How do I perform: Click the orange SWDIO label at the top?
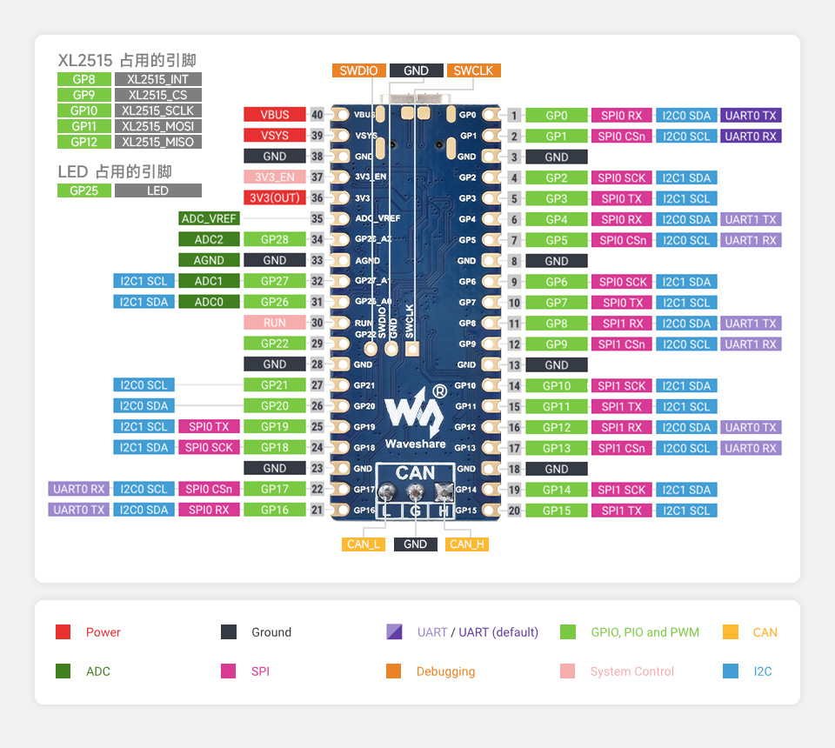(x=358, y=71)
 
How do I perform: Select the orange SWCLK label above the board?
(x=473, y=71)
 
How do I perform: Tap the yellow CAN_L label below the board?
(x=364, y=544)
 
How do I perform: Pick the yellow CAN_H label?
(x=467, y=544)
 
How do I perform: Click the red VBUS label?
(x=274, y=115)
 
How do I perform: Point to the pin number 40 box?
(x=317, y=115)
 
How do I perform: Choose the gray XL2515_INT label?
(x=157, y=79)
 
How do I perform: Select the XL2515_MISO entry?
(x=157, y=142)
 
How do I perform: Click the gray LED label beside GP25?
(x=157, y=190)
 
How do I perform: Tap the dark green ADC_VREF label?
(x=209, y=218)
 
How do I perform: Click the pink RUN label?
(x=274, y=323)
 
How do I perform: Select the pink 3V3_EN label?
(x=274, y=177)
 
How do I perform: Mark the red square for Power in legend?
(x=63, y=632)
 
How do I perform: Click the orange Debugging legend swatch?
(x=393, y=671)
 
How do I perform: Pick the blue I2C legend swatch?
(x=731, y=671)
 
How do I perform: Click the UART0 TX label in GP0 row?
(x=751, y=115)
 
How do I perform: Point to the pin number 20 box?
(x=514, y=511)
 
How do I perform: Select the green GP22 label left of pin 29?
(x=274, y=344)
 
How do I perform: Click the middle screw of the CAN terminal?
(x=415, y=493)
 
